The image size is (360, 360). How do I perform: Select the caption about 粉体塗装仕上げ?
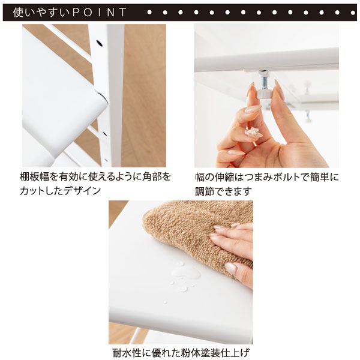[180, 352]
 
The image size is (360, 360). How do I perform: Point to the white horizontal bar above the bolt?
[264, 60]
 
